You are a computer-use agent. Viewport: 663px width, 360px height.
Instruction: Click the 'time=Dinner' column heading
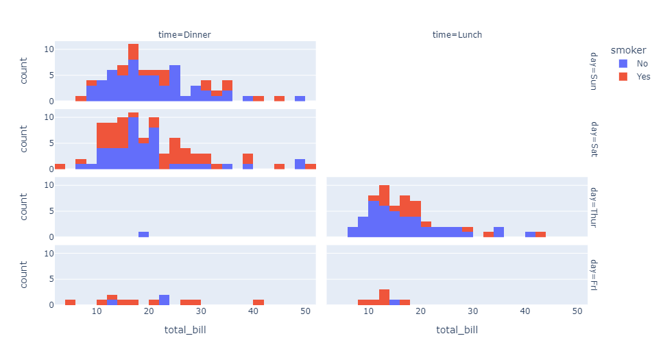click(x=185, y=34)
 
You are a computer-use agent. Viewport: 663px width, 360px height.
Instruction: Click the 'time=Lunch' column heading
click(x=457, y=34)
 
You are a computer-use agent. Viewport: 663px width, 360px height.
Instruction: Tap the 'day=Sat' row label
click(x=594, y=139)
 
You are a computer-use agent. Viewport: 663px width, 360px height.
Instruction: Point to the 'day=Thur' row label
click(x=594, y=207)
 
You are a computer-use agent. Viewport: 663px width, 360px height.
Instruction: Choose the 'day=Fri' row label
click(x=594, y=274)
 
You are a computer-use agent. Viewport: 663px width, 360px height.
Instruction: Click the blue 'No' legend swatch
click(x=623, y=64)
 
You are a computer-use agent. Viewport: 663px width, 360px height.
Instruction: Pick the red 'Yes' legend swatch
click(x=623, y=77)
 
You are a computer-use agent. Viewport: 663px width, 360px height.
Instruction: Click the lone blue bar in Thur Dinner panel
click(x=143, y=234)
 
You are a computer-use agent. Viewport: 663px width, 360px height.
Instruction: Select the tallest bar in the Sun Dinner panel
click(x=133, y=72)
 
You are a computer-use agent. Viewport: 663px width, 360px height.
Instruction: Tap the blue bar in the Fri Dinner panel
click(x=165, y=300)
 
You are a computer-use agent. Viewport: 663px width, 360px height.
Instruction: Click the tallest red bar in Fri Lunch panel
click(x=384, y=297)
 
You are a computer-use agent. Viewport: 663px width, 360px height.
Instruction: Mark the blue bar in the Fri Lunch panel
click(x=394, y=302)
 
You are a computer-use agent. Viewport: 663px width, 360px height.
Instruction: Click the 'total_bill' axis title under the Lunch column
click(x=457, y=331)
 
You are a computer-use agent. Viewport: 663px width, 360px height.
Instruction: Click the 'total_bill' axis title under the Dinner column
click(x=185, y=331)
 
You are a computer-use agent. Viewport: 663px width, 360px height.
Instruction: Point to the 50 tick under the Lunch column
click(x=577, y=311)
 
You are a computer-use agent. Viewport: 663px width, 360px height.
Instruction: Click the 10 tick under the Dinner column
click(x=97, y=311)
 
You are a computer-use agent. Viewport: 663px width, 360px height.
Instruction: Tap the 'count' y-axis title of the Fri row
click(x=25, y=274)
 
